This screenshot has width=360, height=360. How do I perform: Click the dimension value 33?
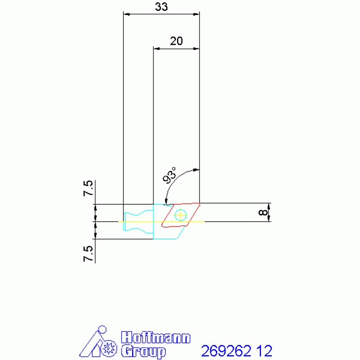[x=161, y=7]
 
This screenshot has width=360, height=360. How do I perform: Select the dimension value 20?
[x=176, y=41]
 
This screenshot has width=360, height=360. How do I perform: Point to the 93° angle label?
[x=169, y=176]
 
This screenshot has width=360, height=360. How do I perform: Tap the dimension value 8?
[x=263, y=212]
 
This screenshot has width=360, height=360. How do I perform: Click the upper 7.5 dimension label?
[x=88, y=188]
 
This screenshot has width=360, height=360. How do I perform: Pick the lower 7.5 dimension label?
[x=88, y=254]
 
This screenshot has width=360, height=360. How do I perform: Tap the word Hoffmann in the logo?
[x=156, y=337]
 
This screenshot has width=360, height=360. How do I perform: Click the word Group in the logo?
[x=143, y=351]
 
